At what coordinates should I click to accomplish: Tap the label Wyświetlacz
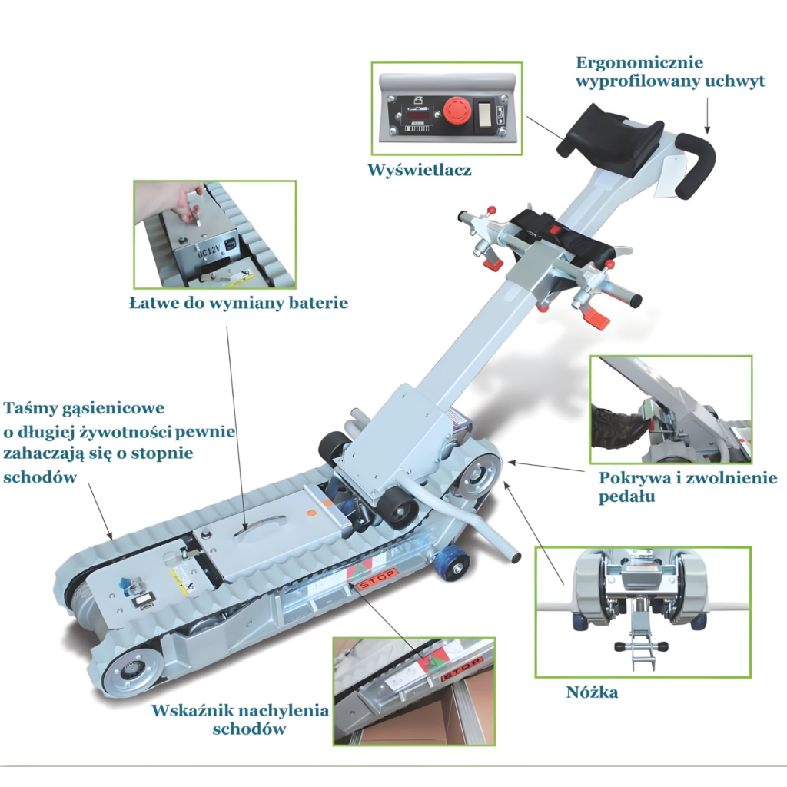pos(420,170)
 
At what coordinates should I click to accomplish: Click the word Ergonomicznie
pos(639,63)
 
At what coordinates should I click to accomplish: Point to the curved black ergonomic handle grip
pos(695,164)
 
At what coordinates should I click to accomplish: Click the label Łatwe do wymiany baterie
pos(238,303)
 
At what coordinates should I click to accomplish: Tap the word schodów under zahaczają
pos(40,477)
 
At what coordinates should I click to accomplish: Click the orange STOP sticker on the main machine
pos(375,579)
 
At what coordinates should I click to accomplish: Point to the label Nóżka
pos(592,692)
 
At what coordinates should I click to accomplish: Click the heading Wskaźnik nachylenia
pos(241,711)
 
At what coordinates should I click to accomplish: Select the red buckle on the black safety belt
pos(554,230)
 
